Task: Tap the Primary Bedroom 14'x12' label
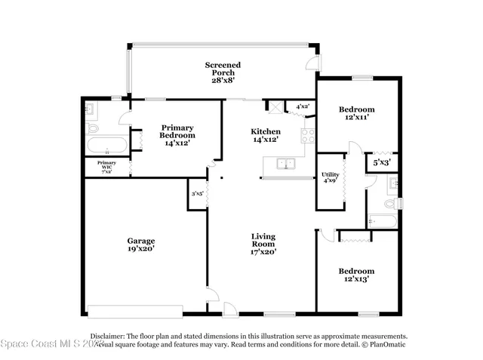(x=177, y=135)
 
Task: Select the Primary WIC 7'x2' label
(x=106, y=167)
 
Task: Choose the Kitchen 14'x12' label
(x=266, y=135)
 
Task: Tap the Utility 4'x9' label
(x=331, y=177)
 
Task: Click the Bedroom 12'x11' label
(x=356, y=113)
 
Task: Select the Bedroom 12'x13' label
(x=356, y=275)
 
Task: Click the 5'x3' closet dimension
(x=381, y=162)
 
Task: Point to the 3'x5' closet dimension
(x=197, y=194)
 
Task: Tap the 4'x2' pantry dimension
(x=303, y=107)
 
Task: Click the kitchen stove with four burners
(x=308, y=137)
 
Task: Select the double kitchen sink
(x=286, y=163)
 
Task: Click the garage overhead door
(x=134, y=311)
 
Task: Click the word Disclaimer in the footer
(x=106, y=336)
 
